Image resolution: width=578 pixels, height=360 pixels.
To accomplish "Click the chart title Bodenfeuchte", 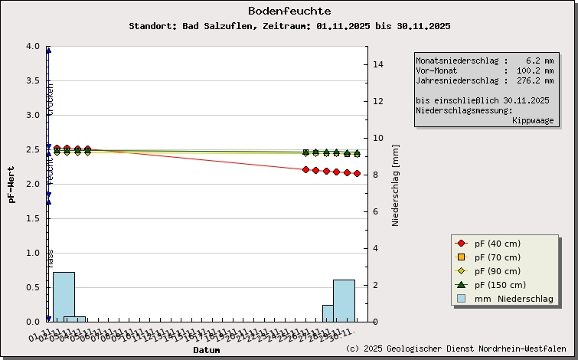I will pyautogui.click(x=289, y=11).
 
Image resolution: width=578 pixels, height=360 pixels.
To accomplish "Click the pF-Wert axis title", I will pyautogui.click(x=11, y=184).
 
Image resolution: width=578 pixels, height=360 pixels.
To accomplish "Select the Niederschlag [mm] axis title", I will pyautogui.click(x=396, y=184).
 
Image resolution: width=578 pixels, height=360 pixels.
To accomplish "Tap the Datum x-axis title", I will pyautogui.click(x=206, y=350).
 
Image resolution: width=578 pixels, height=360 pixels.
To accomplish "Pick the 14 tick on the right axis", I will pyautogui.click(x=377, y=64).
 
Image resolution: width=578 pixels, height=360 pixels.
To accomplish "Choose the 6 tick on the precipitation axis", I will pyautogui.click(x=375, y=211).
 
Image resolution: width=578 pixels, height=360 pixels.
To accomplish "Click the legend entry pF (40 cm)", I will pyautogui.click(x=497, y=244).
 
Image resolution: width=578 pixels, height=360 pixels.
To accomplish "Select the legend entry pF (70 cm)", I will pyautogui.click(x=497, y=257).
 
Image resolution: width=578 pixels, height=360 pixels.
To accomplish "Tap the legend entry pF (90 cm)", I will pyautogui.click(x=497, y=271).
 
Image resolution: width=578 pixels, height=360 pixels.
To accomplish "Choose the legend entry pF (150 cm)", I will pyautogui.click(x=499, y=285).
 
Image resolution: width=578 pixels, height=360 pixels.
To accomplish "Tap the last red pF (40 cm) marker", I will pyautogui.click(x=357, y=173).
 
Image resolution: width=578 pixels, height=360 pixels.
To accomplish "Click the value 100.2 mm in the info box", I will pyautogui.click(x=534, y=70).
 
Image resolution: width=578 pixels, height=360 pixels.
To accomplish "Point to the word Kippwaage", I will pyautogui.click(x=533, y=120).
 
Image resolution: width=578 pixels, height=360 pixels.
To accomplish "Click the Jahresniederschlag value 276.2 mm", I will pyautogui.click(x=534, y=80).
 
